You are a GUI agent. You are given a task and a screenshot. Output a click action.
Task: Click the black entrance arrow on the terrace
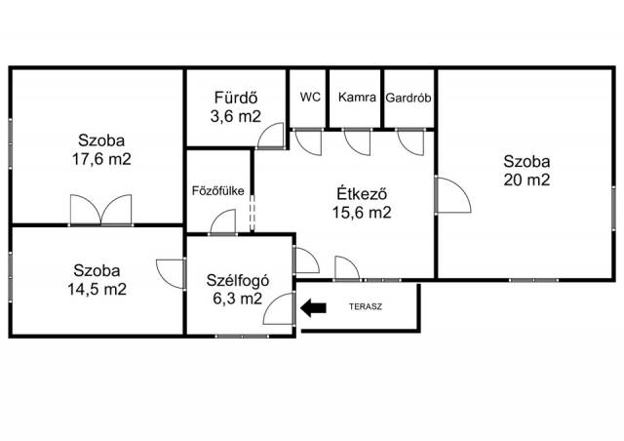click(x=313, y=308)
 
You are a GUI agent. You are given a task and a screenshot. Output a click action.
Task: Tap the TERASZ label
click(x=366, y=306)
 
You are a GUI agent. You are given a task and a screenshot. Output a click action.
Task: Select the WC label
click(x=310, y=97)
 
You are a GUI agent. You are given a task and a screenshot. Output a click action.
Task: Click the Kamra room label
click(x=357, y=97)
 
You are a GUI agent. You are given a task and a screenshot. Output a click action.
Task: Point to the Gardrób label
click(x=409, y=98)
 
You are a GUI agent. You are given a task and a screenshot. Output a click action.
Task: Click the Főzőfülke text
click(x=218, y=191)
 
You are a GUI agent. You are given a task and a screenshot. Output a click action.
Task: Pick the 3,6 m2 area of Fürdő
click(x=236, y=116)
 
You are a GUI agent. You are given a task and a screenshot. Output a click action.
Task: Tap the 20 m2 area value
click(x=526, y=180)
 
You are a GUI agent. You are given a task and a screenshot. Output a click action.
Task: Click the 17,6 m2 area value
click(x=101, y=159)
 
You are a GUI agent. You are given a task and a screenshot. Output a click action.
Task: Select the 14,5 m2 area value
click(x=97, y=289)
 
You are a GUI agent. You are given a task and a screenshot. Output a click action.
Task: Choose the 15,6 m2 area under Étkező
click(x=362, y=213)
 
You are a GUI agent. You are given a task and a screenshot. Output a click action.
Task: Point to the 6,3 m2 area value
click(x=238, y=298)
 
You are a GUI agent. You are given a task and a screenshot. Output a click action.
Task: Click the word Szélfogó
click(x=238, y=280)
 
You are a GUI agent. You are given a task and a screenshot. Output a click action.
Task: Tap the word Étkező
click(x=362, y=194)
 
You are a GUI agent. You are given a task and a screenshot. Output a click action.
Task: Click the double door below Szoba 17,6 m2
click(x=101, y=210)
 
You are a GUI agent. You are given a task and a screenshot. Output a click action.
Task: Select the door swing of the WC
click(x=308, y=142)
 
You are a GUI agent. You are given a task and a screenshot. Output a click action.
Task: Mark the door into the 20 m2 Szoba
click(x=453, y=195)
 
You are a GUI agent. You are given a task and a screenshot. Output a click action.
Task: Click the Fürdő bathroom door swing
click(x=271, y=136)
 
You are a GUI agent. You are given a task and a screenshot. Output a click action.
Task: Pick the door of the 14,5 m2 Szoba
click(x=172, y=274)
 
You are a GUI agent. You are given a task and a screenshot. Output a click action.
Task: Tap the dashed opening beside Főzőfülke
click(x=252, y=213)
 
